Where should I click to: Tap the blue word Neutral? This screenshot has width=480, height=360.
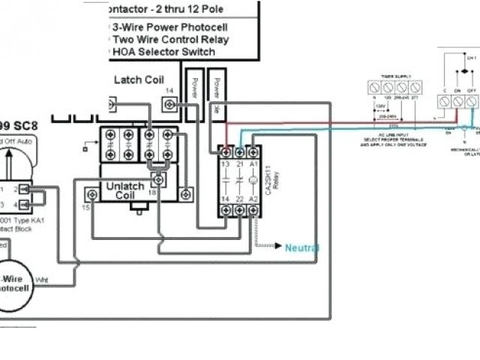(301, 247)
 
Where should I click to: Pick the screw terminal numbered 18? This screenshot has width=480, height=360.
(158, 181)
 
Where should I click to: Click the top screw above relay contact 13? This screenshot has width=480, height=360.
(226, 152)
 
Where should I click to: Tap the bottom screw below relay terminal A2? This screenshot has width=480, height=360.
(254, 211)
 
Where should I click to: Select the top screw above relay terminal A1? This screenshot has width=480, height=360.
(254, 152)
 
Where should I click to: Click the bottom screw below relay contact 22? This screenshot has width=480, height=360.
(240, 211)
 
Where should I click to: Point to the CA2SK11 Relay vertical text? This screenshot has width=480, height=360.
(267, 181)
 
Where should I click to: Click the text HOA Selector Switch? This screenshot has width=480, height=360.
(163, 52)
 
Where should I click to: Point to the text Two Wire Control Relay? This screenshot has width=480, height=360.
(170, 39)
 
